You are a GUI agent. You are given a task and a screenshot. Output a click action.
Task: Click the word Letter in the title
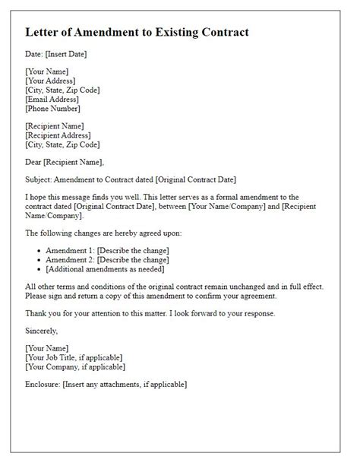pos(44,33)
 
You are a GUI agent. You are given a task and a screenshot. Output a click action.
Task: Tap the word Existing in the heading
pos(188,33)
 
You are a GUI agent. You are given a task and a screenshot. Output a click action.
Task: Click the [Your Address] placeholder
pos(50,81)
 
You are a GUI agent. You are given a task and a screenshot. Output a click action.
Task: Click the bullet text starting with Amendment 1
pos(107,250)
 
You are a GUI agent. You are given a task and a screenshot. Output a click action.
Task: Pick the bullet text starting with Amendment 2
pos(107,259)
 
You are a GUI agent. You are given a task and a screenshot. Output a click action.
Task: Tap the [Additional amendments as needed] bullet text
pos(106,268)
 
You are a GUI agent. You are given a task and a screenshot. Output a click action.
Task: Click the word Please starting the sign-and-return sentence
pos(37,295)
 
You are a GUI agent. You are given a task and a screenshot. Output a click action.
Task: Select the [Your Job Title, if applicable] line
pos(74,357)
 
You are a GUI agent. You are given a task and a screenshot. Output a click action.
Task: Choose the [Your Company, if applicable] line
pos(73,366)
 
